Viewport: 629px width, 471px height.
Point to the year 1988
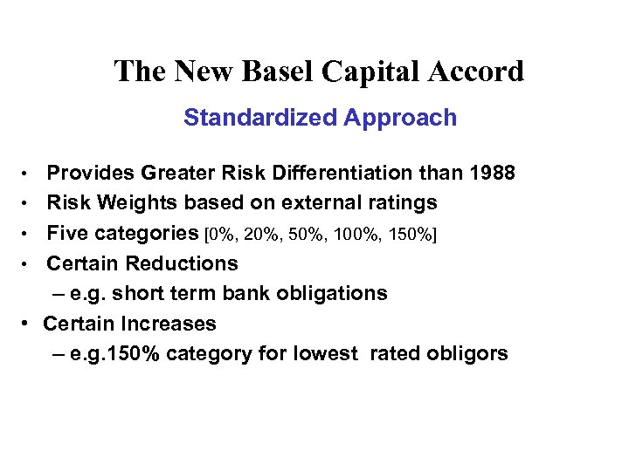(x=490, y=174)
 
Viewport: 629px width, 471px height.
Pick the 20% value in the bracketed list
(x=260, y=234)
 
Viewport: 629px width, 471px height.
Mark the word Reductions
(x=181, y=263)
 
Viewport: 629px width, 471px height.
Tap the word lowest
(x=326, y=353)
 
